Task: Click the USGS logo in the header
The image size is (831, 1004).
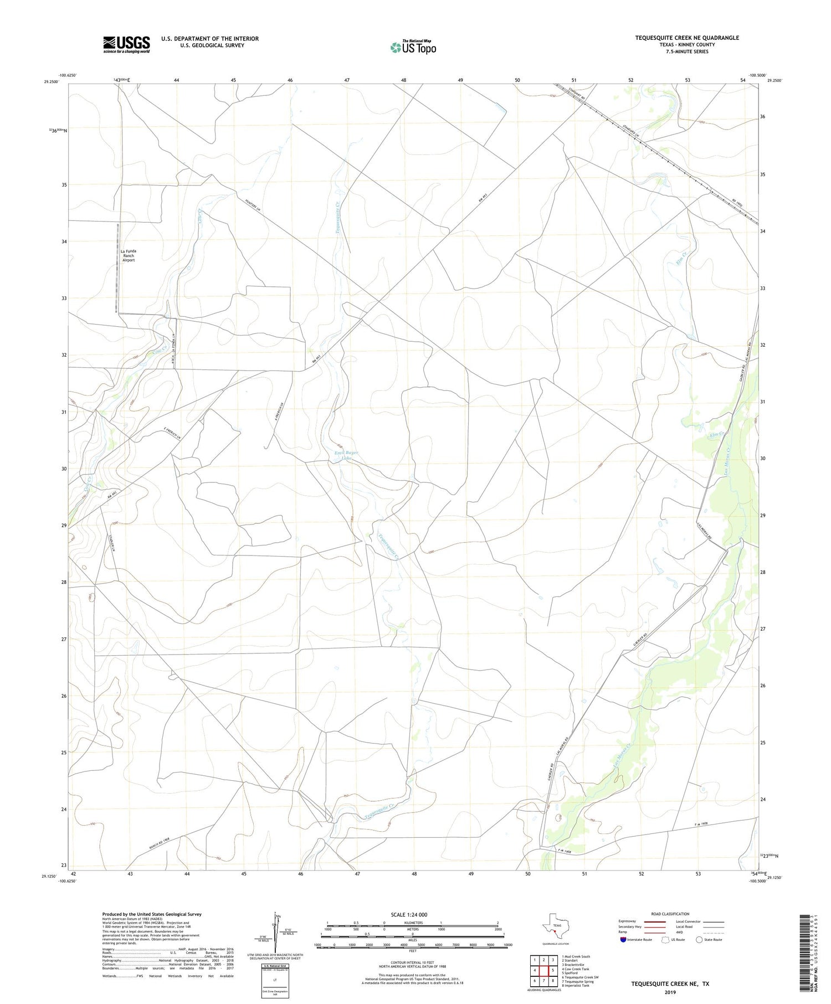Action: point(126,44)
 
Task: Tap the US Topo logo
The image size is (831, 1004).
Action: point(413,48)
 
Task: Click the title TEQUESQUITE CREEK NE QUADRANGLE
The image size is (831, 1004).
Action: point(687,38)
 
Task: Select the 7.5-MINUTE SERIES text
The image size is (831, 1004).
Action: point(687,52)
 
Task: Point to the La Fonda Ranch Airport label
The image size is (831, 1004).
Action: point(129,255)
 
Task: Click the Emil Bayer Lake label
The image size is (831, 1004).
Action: point(346,455)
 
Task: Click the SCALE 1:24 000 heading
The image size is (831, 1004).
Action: point(413,914)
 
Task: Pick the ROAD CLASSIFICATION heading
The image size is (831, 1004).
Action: point(670,914)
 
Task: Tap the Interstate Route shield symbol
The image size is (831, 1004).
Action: point(623,939)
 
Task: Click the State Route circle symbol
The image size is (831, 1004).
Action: point(700,939)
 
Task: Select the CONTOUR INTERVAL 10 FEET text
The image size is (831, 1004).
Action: point(413,964)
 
